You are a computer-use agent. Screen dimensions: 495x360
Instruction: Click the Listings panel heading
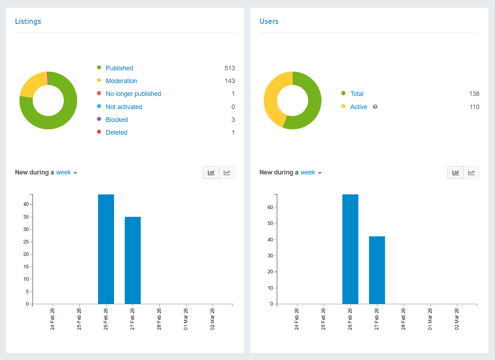point(28,21)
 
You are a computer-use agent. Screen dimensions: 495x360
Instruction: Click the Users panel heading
point(269,21)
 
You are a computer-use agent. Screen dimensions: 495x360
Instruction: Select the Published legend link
point(119,68)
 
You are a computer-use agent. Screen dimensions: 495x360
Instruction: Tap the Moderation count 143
point(230,81)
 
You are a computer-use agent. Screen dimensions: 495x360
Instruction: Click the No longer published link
point(133,94)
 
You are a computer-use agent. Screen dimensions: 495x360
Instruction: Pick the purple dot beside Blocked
point(99,119)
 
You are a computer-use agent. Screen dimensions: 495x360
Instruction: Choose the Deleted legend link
point(116,132)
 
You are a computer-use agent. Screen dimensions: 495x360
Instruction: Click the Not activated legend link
point(124,107)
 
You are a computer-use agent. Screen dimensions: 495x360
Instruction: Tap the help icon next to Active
point(375,107)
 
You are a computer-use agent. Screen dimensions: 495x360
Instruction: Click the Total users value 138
point(474,94)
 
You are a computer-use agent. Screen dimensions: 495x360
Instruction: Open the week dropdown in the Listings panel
point(66,172)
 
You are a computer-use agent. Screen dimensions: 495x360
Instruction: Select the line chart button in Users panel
point(472,172)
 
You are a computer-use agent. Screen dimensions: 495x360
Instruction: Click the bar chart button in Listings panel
point(211,172)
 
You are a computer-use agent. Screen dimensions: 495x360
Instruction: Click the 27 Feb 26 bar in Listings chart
point(133,260)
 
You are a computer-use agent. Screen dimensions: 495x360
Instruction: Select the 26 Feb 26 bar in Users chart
point(350,249)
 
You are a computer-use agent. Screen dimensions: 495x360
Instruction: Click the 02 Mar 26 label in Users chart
point(457,319)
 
